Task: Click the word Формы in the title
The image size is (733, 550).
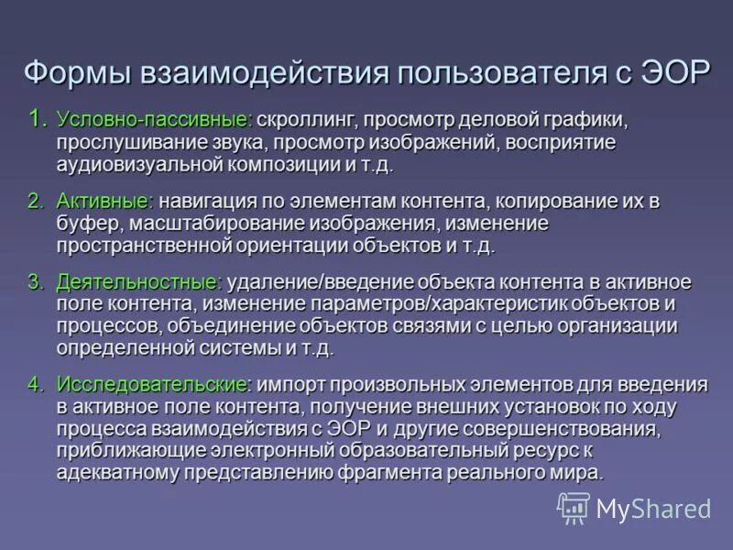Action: tap(77, 72)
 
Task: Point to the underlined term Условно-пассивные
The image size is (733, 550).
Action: tap(153, 121)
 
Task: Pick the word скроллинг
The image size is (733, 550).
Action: tap(307, 121)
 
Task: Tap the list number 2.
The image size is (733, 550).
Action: tap(36, 201)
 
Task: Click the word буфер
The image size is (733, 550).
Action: tap(87, 223)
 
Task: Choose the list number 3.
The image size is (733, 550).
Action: tap(36, 281)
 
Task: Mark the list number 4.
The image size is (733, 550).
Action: tap(36, 384)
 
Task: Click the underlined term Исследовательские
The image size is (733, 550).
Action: tap(150, 384)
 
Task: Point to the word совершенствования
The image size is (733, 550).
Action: tap(581, 428)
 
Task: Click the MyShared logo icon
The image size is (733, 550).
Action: tap(574, 508)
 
